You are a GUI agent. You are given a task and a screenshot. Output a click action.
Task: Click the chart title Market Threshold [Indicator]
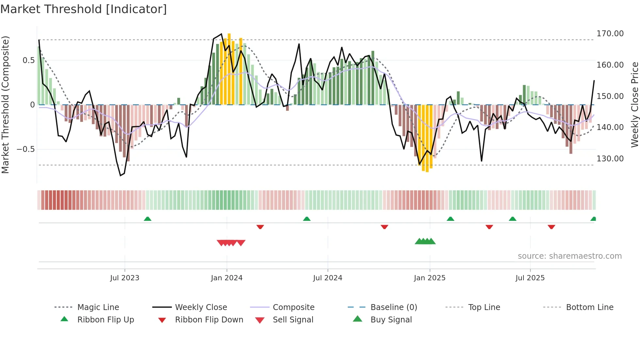click(x=84, y=9)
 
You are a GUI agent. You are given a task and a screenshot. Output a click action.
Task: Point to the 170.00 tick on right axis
click(x=610, y=34)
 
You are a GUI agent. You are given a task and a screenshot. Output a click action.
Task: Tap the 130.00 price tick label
click(x=610, y=159)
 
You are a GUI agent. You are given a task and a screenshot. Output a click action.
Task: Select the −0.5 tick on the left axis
click(x=25, y=149)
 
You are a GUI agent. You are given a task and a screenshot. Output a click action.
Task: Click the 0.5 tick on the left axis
click(x=28, y=60)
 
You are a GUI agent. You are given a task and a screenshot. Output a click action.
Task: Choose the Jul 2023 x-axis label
click(x=124, y=278)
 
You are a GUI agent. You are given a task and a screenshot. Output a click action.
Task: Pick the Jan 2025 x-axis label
click(x=429, y=278)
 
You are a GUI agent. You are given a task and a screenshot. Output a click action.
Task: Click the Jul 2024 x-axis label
click(x=328, y=278)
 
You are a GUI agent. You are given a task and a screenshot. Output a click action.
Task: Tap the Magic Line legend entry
click(x=98, y=307)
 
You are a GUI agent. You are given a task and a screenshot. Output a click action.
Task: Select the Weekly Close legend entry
click(x=201, y=307)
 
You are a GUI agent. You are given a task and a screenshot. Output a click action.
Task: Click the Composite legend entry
click(x=293, y=307)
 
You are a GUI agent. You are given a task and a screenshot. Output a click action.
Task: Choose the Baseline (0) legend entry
click(x=393, y=307)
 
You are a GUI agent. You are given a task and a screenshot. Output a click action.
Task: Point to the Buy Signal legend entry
click(x=391, y=320)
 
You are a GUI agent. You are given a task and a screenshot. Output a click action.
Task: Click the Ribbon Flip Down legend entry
click(x=209, y=320)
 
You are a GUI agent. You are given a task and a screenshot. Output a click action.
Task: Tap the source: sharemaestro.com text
click(x=569, y=256)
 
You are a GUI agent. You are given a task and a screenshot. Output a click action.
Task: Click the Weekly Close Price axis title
click(x=634, y=105)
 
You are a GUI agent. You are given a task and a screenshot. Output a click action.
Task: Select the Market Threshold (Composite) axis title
click(x=5, y=105)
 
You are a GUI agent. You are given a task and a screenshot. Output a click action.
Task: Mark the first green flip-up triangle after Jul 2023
click(x=148, y=219)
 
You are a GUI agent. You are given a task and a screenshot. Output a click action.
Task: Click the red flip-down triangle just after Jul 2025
click(x=551, y=227)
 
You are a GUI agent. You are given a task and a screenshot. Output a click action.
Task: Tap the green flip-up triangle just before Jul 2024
click(x=307, y=219)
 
